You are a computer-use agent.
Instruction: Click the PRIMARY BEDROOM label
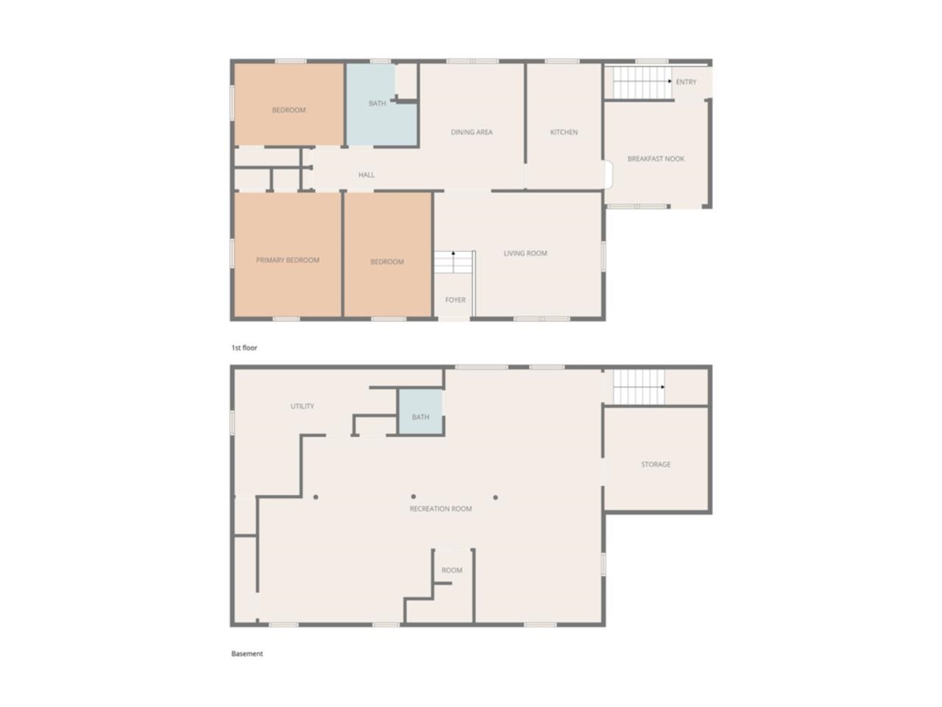pyautogui.click(x=288, y=260)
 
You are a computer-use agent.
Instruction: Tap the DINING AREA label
pyautogui.click(x=472, y=133)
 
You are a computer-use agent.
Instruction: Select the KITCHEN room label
pyautogui.click(x=564, y=133)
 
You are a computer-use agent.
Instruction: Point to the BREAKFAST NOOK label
pyautogui.click(x=656, y=159)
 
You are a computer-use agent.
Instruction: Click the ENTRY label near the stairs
pyautogui.click(x=686, y=82)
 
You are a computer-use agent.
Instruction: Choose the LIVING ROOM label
pyautogui.click(x=525, y=253)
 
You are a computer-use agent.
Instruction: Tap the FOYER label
pyautogui.click(x=455, y=300)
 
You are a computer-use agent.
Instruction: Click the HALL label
pyautogui.click(x=366, y=175)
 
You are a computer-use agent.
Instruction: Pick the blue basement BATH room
pyautogui.click(x=420, y=417)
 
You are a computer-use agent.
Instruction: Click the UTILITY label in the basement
pyautogui.click(x=302, y=407)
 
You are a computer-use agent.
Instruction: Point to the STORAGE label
pyautogui.click(x=656, y=465)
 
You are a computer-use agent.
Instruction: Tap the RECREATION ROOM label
pyautogui.click(x=441, y=509)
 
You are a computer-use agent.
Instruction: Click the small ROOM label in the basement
pyautogui.click(x=452, y=571)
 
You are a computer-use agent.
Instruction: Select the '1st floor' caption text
pyautogui.click(x=244, y=348)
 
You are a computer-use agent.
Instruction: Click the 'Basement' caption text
pyautogui.click(x=247, y=654)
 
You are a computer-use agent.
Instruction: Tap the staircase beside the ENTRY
pyautogui.click(x=640, y=82)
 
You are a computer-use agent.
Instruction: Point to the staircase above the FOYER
pyautogui.click(x=452, y=262)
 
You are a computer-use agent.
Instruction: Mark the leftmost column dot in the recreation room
pyautogui.click(x=316, y=497)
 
